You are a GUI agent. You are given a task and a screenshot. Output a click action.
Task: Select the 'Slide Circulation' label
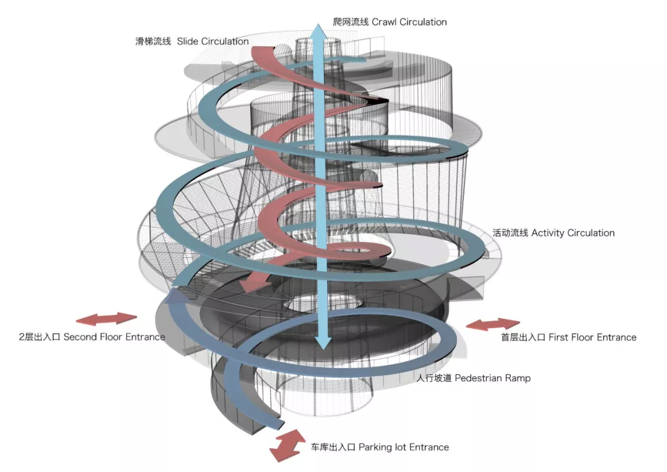point(212,41)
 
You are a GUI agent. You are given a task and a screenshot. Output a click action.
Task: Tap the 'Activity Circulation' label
point(573,233)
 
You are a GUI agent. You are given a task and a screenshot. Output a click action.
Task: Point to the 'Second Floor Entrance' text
point(114,337)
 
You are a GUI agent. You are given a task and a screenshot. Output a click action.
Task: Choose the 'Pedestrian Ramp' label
point(492,377)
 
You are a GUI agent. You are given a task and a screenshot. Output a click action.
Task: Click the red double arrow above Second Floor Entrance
point(106,319)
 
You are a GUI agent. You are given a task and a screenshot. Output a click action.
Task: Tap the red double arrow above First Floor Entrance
point(492,324)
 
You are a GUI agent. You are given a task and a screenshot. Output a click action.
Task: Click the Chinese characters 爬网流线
point(350,22)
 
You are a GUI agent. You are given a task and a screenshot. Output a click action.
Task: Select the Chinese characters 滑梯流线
point(153,41)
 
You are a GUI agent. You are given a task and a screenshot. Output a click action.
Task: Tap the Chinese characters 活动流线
point(510,233)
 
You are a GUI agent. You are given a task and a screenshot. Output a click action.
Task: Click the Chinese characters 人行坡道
point(434,377)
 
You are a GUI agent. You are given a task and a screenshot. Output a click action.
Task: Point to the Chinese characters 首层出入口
point(523,337)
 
